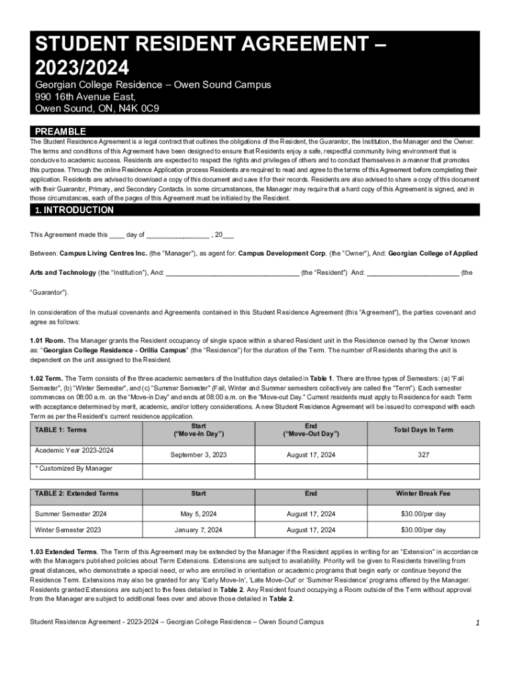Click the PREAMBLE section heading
tap(60, 132)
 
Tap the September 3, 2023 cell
tap(198, 455)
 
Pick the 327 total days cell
tap(423, 455)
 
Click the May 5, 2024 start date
tap(198, 514)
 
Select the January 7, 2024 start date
tap(198, 530)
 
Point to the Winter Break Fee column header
tap(423, 493)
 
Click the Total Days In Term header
tap(423, 430)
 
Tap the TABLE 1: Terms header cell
tap(60, 430)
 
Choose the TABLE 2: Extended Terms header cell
tap(76, 493)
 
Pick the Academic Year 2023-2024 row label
tap(74, 450)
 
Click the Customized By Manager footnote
tap(74, 469)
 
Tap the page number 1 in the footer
tap(477, 623)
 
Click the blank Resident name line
tap(232, 272)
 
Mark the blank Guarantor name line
tap(412, 272)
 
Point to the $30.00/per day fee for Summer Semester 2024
tap(423, 514)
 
